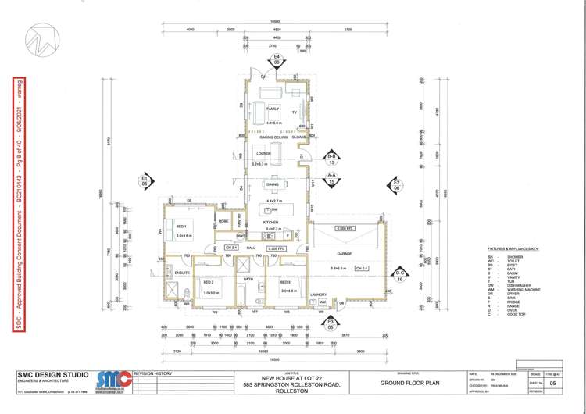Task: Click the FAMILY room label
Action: click(273, 109)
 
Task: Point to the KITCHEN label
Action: click(271, 223)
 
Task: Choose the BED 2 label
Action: click(209, 281)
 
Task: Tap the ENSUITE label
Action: click(182, 273)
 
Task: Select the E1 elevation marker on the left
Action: click(145, 180)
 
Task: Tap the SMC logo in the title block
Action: click(113, 380)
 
